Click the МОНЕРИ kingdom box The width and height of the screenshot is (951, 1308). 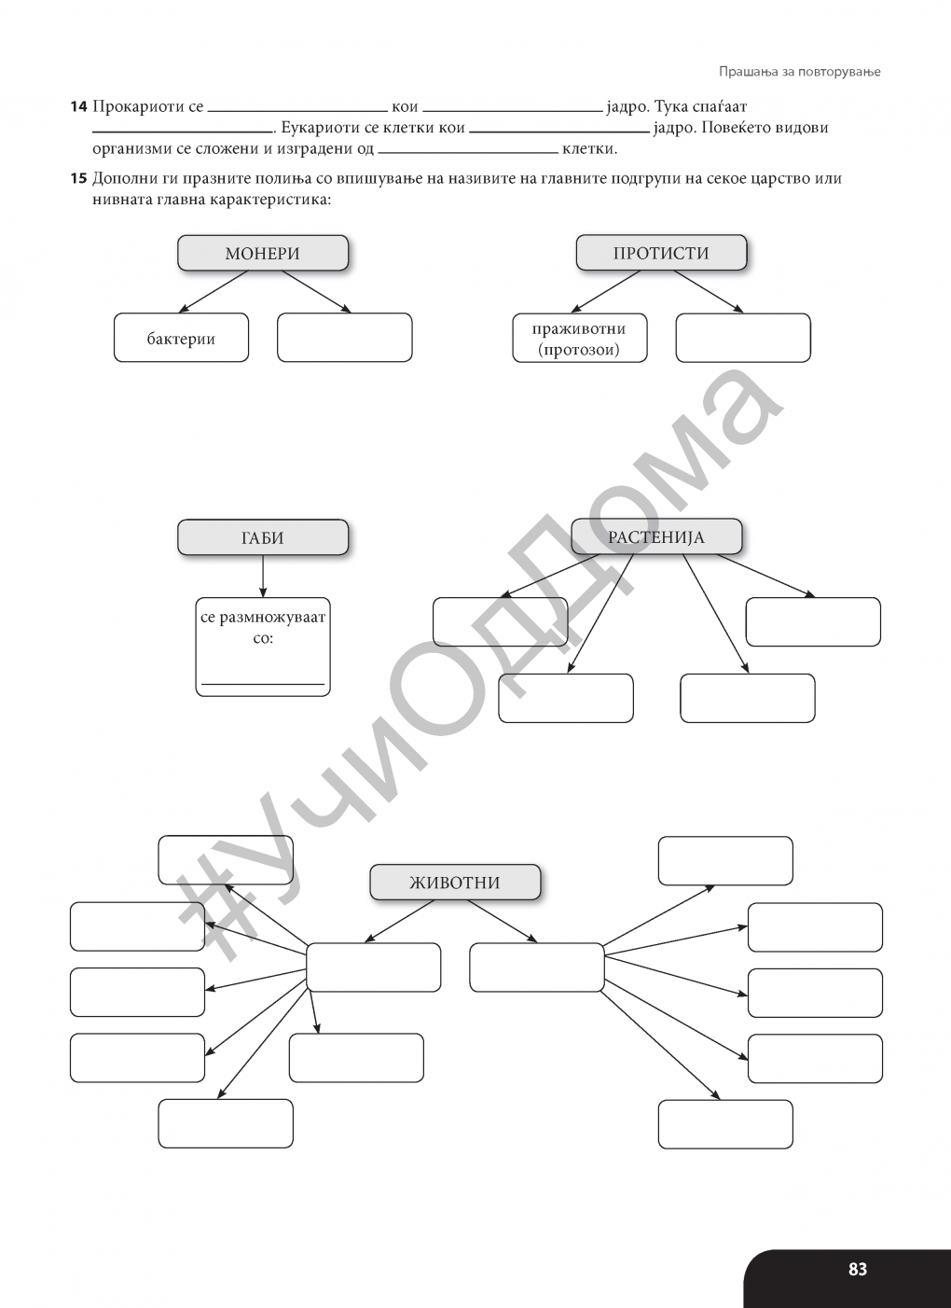coord(263,253)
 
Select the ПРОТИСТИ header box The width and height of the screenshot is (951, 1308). coord(661,252)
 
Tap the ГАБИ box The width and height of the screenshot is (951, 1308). coord(263,537)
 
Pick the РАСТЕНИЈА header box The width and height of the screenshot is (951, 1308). coord(656,536)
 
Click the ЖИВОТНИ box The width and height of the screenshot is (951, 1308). coord(455,882)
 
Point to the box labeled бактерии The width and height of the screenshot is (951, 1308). coord(181,338)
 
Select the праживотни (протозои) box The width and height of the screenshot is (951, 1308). coord(580,338)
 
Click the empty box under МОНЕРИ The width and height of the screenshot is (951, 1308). coord(345,338)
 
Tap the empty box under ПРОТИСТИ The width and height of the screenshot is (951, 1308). coord(743,338)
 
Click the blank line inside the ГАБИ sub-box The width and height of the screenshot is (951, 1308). coord(263,684)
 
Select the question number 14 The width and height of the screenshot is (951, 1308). coord(78,107)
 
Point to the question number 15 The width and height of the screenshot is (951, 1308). coord(78,179)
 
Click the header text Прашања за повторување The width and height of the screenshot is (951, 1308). coord(799,71)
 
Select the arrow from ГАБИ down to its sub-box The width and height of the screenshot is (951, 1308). coord(263,576)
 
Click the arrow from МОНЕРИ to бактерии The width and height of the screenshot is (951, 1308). coord(214,291)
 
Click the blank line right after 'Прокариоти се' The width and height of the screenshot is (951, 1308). coord(297,111)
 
